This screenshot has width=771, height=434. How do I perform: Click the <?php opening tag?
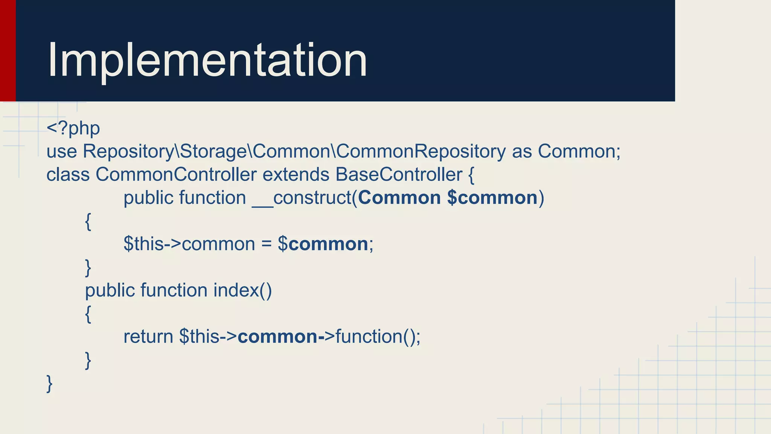73,128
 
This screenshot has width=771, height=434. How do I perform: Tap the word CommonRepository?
421,151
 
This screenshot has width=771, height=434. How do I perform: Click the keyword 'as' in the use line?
522,151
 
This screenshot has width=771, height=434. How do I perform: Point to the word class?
68,175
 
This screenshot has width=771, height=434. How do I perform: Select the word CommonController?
176,175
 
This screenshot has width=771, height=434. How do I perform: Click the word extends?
296,175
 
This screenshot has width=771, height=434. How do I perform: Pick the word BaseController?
399,175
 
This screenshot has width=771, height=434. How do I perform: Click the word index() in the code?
242,290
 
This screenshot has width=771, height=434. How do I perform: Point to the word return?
148,337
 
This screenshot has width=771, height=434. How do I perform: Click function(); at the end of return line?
378,337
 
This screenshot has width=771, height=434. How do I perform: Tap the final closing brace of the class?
49,384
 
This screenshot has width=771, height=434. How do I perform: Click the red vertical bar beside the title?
8,50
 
